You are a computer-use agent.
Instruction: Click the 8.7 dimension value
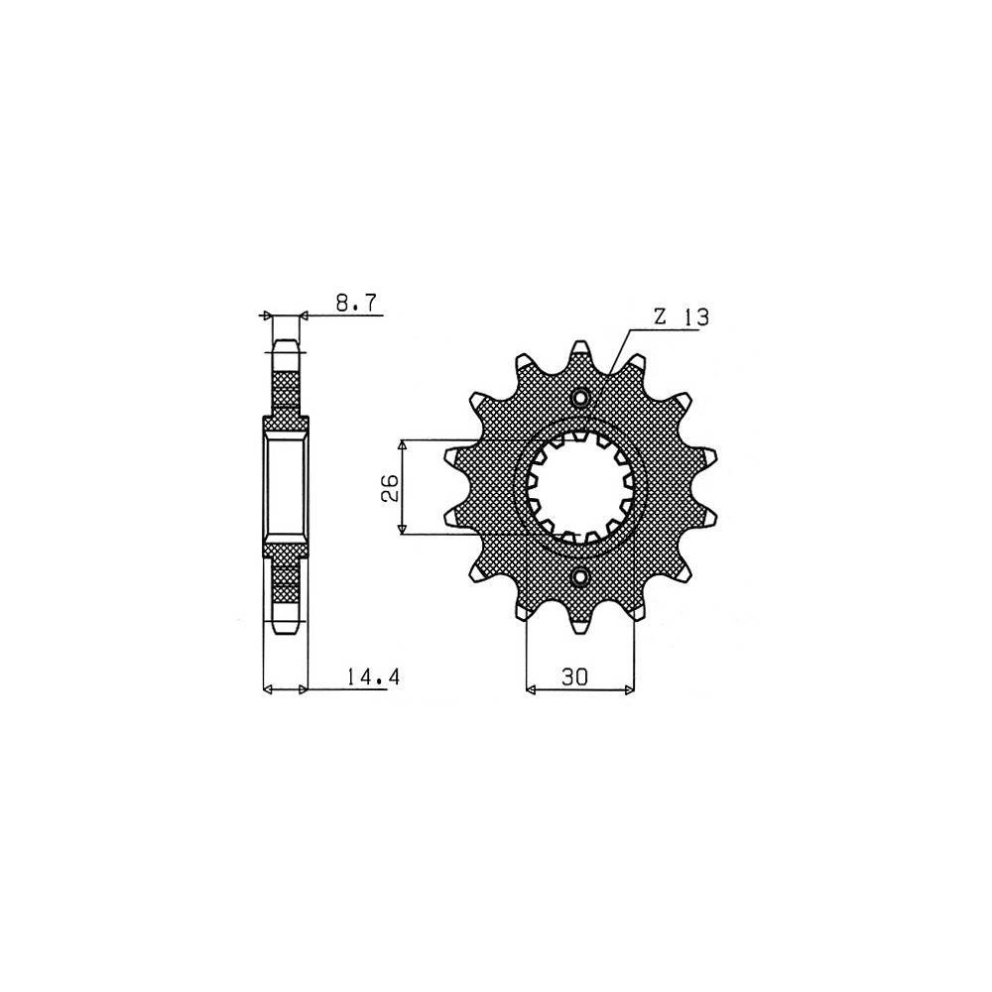click(355, 304)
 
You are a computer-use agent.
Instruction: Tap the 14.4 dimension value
click(374, 678)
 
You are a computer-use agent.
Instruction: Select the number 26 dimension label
click(390, 487)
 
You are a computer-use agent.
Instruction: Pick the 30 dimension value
click(573, 677)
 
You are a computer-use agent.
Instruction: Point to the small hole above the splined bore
click(580, 398)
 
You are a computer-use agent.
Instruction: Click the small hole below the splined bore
click(580, 576)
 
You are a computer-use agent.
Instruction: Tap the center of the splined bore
click(580, 487)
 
